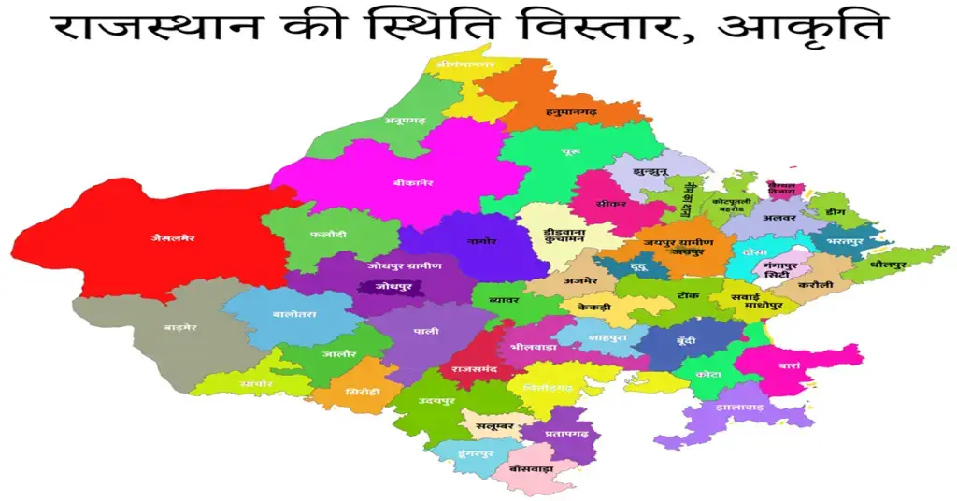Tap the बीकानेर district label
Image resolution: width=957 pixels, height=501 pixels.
[x=413, y=183]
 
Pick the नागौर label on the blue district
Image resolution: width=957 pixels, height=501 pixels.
[x=481, y=241]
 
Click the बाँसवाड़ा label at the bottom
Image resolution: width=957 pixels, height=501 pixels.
[x=532, y=466]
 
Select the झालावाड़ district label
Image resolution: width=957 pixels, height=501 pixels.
[x=739, y=408]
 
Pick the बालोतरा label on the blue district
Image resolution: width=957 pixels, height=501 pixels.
[x=295, y=314]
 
